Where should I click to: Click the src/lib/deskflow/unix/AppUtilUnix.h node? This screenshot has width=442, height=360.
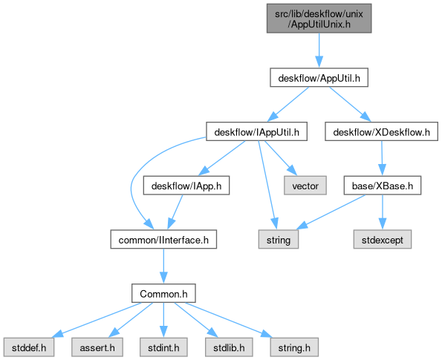[319, 19]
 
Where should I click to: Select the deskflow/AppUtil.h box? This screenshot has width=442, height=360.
[319, 77]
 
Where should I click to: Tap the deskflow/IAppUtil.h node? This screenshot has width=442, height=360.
[256, 131]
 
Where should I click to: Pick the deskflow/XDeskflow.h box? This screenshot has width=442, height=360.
[381, 131]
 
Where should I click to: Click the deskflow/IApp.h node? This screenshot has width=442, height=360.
[186, 186]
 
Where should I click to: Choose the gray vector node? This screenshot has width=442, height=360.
[305, 186]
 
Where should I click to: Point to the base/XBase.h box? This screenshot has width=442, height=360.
[383, 186]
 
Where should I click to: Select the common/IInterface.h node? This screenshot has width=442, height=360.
[163, 240]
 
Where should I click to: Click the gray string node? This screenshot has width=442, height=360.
[279, 240]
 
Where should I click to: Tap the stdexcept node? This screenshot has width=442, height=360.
[383, 240]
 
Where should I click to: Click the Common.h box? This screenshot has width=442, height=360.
[163, 293]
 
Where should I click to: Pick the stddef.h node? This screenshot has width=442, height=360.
[29, 347]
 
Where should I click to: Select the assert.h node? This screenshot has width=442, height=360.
[97, 347]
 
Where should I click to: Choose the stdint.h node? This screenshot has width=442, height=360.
[163, 347]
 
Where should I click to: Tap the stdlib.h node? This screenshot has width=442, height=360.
[229, 347]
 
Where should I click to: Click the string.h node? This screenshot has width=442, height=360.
[294, 347]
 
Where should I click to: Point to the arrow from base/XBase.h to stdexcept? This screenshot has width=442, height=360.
[383, 212]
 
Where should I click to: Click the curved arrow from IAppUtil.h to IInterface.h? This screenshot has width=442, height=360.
[132, 183]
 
